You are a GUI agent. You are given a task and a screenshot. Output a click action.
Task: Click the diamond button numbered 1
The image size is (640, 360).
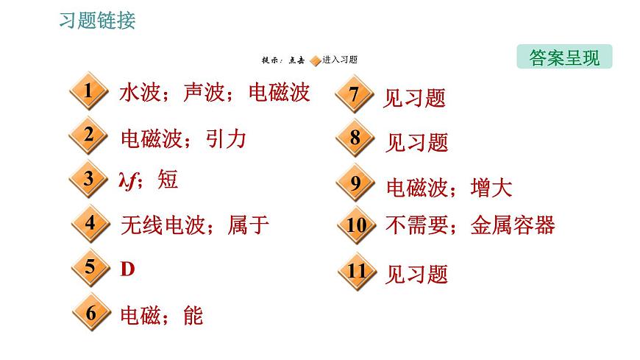88,91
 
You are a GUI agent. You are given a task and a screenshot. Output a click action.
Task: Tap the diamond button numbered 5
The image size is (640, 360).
90,267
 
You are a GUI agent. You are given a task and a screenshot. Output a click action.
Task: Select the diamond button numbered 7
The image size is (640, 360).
355,94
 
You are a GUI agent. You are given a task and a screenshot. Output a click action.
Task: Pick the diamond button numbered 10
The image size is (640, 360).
356,225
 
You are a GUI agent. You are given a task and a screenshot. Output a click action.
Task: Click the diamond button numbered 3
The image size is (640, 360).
88,179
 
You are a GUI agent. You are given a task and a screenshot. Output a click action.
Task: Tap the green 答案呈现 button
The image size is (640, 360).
564,57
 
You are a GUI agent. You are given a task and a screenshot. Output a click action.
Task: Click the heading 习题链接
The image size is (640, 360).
97,21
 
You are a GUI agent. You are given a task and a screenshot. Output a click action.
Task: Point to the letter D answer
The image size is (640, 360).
127,269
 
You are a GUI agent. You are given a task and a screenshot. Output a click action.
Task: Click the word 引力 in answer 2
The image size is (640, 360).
226,139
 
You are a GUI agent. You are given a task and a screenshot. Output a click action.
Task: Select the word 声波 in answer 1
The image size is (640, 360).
204,92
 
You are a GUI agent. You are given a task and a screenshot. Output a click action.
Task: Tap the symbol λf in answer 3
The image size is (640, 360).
127,180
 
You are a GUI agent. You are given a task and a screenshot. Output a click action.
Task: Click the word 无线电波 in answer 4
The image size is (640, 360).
163,225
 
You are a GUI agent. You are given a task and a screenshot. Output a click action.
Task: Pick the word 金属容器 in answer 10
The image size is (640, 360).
513,225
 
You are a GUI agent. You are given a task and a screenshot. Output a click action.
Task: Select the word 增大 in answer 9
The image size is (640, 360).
491,188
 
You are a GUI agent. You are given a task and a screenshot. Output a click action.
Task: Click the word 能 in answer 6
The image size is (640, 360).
193,315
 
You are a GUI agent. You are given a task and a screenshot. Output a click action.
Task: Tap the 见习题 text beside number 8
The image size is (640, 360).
416,143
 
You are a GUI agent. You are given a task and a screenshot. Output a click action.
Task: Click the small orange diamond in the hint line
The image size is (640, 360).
316,61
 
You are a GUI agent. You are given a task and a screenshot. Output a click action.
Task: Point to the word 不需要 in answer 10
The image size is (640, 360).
416,225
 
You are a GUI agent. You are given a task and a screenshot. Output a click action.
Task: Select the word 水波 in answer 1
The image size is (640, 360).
140,92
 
